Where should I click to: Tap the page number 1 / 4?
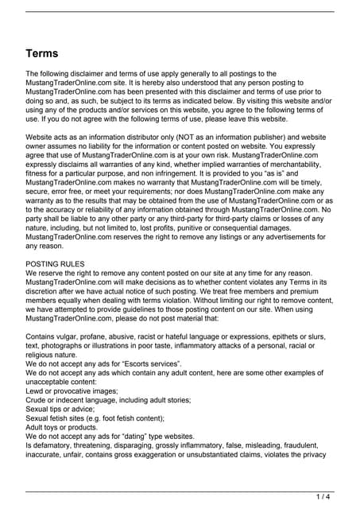[x=323, y=497]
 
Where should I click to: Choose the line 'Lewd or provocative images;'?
[x=72, y=390]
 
